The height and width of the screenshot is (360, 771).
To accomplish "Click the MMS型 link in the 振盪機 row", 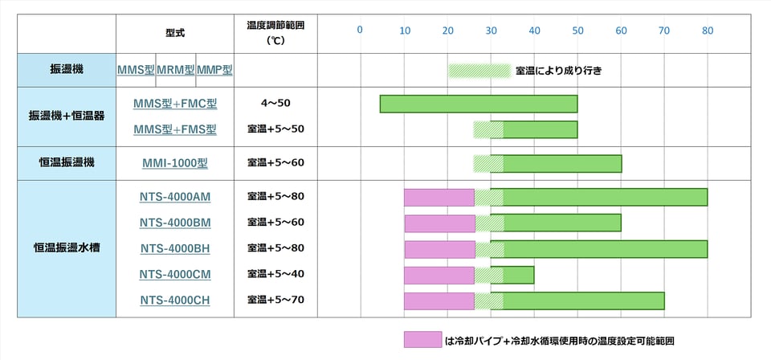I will [x=136, y=70].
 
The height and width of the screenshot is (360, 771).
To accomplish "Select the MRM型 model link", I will [x=176, y=70].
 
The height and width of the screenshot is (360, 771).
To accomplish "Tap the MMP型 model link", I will [x=214, y=70].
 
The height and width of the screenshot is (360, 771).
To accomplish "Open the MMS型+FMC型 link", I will [x=175, y=104].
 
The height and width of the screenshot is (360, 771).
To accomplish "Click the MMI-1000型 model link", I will [x=175, y=163].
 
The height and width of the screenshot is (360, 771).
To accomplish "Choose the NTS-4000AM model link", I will [x=175, y=197].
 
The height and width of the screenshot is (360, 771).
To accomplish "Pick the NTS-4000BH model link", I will [x=175, y=248].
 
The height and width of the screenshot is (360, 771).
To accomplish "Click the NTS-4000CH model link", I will [x=175, y=301].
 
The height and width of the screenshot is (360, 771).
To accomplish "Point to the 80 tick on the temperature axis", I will [x=707, y=31].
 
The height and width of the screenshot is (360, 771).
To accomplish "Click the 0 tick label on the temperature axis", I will [x=360, y=31].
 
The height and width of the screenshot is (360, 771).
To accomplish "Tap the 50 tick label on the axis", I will [x=577, y=31].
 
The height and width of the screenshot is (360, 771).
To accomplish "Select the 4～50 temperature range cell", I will [x=275, y=104].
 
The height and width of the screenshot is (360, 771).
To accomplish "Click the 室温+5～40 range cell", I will [x=275, y=275].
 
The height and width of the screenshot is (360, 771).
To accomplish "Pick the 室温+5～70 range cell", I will [x=275, y=301].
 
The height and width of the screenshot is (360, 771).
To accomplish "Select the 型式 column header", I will [x=175, y=34].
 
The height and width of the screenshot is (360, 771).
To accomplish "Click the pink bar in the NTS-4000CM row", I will [x=439, y=276].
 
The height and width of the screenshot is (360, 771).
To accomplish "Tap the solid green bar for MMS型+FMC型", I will [x=479, y=104].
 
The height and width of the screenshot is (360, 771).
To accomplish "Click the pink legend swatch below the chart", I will [x=422, y=340].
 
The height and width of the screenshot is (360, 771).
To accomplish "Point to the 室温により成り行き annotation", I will [x=559, y=71].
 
